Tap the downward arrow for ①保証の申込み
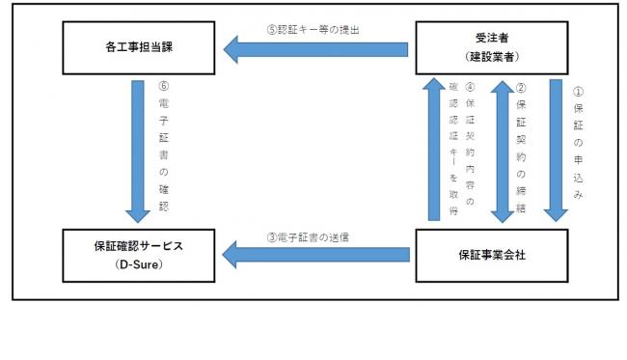558,151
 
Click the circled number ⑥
165,86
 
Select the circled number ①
579,93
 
